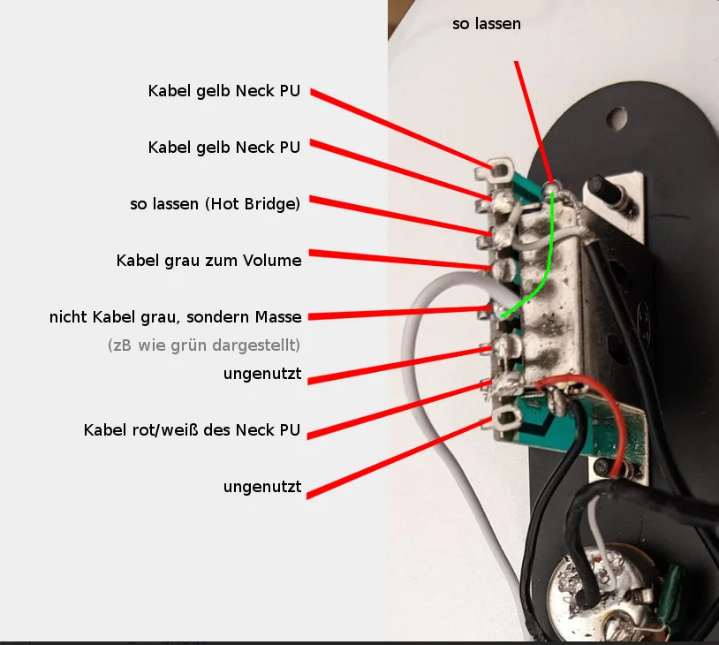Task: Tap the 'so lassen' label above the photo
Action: (487, 24)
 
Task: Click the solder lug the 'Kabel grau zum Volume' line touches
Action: (501, 267)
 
